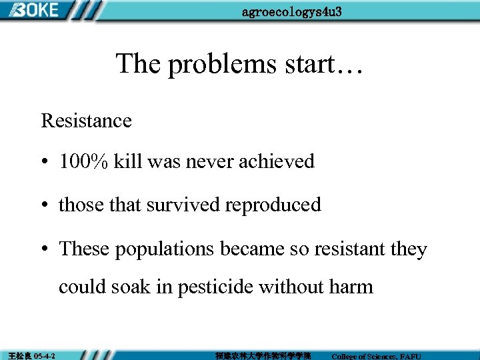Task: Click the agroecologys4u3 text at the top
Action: point(292,12)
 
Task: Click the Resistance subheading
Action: point(87,121)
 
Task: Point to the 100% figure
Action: point(83,161)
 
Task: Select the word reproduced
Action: point(273,205)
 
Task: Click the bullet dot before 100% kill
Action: point(44,162)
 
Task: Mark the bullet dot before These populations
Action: point(44,250)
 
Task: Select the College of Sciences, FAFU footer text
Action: point(376,356)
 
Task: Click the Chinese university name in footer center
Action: point(263,355)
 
